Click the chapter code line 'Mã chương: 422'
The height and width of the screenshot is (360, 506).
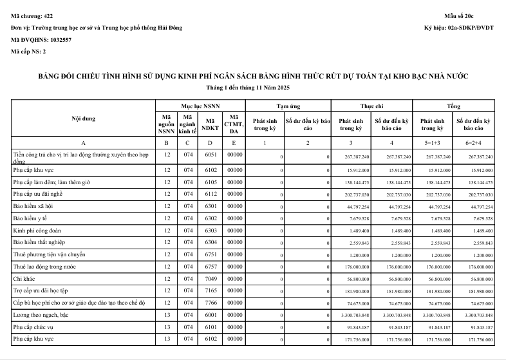point(32,15)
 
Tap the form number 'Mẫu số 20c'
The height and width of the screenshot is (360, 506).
point(477,15)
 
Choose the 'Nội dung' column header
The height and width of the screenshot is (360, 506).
point(84,118)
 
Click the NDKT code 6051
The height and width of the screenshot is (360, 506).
point(210,156)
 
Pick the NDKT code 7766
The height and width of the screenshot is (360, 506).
point(210,302)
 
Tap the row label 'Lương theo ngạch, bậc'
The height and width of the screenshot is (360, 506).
point(42,315)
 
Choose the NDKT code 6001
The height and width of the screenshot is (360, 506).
point(210,315)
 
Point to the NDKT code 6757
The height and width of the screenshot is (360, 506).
point(210,266)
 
